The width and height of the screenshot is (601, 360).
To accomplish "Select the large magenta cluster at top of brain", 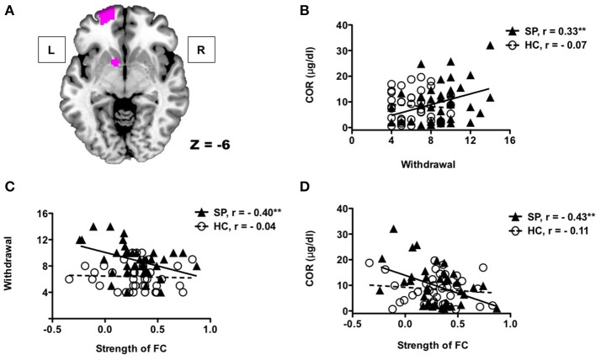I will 108,14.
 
